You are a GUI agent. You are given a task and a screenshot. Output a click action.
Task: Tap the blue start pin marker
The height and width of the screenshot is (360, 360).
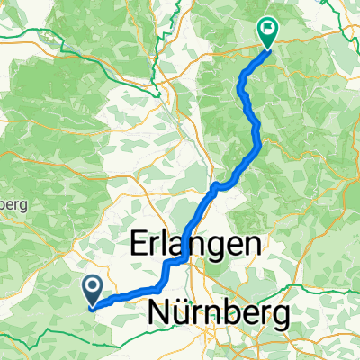click(x=93, y=289)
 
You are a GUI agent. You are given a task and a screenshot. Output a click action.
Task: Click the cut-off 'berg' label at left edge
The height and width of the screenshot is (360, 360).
click(x=13, y=205)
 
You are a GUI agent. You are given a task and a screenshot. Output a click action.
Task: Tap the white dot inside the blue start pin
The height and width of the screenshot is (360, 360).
click(x=93, y=286)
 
